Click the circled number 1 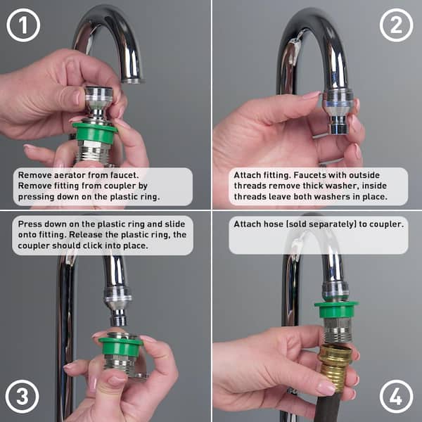tap(23, 25)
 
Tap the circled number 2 tap(397, 25)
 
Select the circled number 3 tap(22, 397)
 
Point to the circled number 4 tap(397, 397)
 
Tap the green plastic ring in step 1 tap(95, 132)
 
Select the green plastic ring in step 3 tap(120, 346)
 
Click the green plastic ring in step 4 tap(336, 310)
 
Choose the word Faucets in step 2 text tap(309, 175)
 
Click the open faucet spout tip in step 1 tap(132, 81)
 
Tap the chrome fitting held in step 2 tap(338, 112)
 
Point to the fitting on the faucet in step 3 tap(118, 305)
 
